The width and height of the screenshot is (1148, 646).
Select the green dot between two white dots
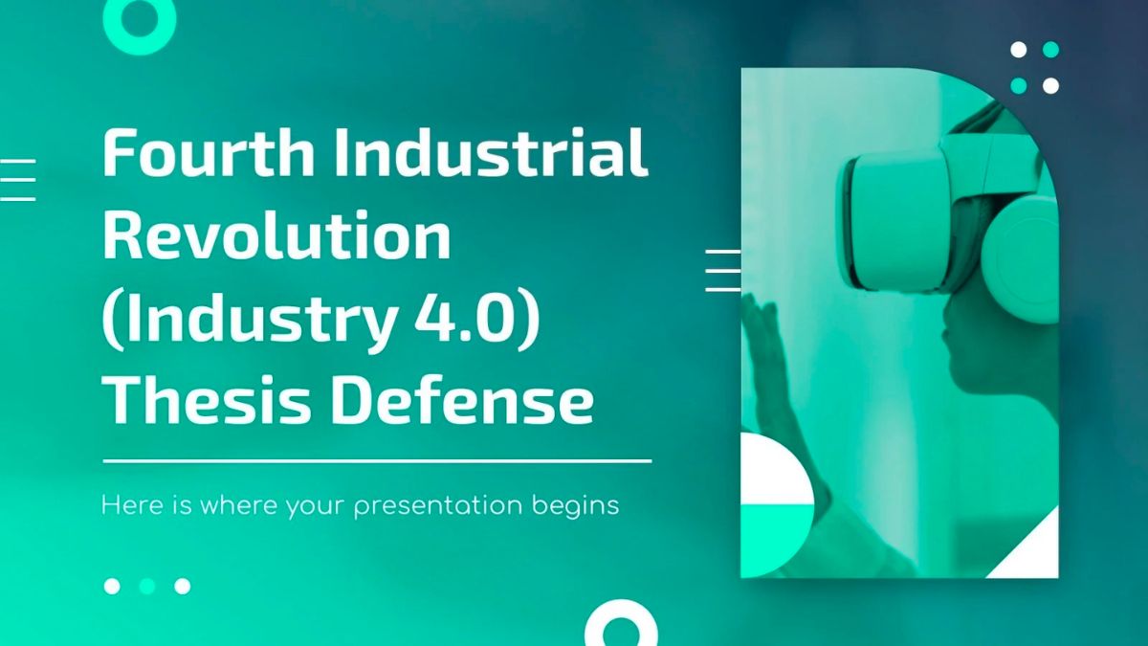click(x=147, y=586)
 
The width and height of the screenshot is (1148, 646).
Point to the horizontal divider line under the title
click(x=377, y=460)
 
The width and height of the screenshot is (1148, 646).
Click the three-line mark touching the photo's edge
click(x=722, y=270)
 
